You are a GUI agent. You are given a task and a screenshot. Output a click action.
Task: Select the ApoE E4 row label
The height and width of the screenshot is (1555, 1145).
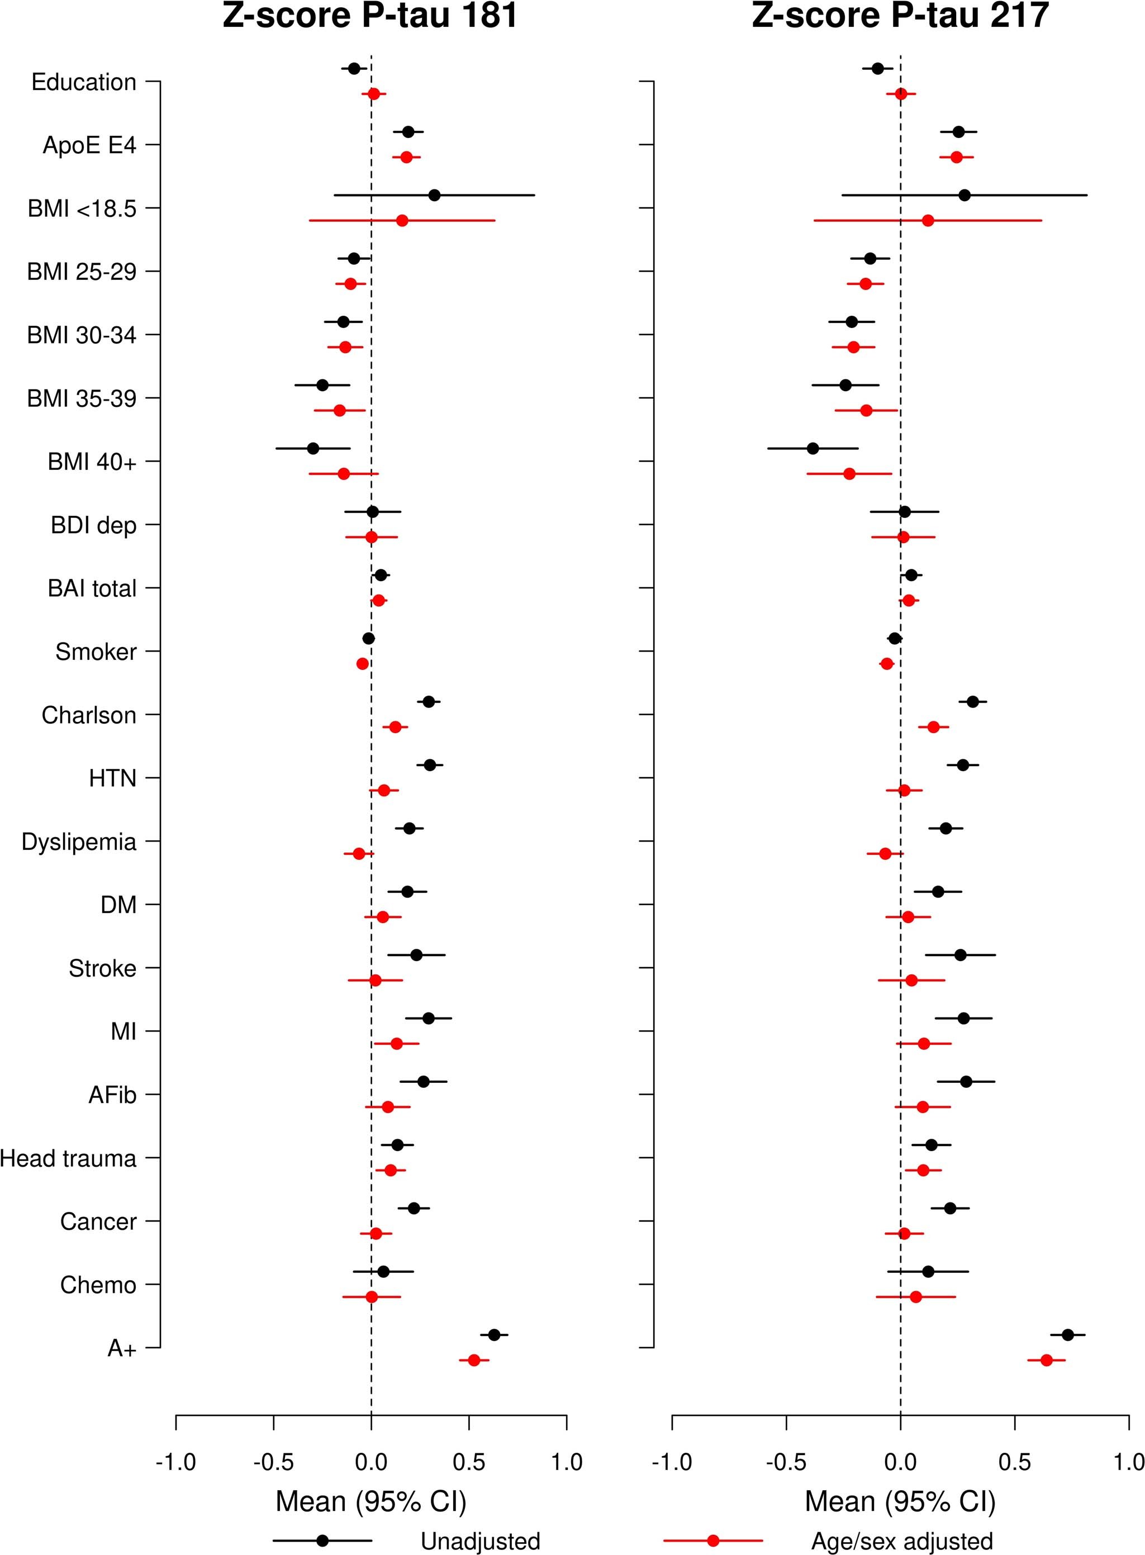(x=89, y=145)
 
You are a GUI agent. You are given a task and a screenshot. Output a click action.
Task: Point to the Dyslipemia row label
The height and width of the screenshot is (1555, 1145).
(x=79, y=842)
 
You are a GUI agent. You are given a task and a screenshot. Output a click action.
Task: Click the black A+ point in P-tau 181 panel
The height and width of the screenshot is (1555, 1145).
(x=493, y=1335)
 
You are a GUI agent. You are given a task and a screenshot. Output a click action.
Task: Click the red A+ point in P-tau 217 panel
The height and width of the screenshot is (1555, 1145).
(x=1047, y=1361)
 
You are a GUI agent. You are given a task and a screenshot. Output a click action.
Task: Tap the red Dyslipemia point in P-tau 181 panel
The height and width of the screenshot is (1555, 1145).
(x=359, y=854)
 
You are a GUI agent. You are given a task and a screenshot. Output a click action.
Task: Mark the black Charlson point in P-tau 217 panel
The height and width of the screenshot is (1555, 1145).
(x=972, y=702)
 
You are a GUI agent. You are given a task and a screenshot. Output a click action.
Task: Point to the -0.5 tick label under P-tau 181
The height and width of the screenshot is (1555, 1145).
(x=273, y=1463)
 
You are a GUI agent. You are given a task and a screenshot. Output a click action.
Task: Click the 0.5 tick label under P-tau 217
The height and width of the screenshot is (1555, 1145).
(x=1015, y=1463)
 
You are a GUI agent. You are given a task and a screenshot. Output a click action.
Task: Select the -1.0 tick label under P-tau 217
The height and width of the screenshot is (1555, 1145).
(x=672, y=1463)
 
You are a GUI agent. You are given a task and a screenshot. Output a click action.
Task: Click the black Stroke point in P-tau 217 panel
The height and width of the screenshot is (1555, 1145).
(x=960, y=955)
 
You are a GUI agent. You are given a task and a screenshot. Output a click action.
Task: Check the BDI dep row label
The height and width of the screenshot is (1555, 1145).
(x=93, y=525)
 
